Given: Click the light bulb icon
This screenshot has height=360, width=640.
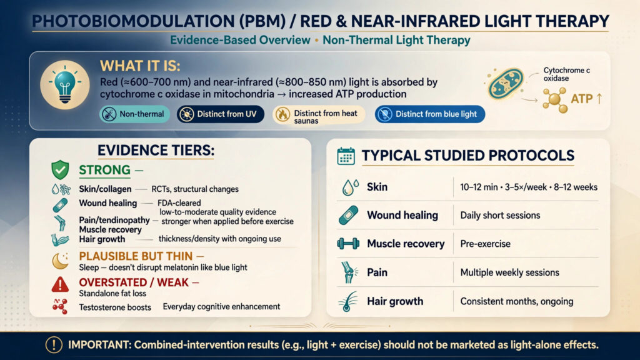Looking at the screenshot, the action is point(65,84).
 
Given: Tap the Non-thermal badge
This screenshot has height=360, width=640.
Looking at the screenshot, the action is point(134,114).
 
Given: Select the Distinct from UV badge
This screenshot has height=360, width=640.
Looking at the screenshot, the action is point(221,114).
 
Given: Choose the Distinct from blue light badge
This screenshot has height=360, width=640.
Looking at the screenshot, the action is point(430,114).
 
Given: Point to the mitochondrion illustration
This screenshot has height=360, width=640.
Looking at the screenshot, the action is point(506,84).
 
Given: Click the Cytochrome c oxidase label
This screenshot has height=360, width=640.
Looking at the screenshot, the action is point(566,74).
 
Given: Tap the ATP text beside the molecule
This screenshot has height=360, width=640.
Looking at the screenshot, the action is point(581,99).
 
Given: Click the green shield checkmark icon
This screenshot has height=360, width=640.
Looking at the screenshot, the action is point(60,170).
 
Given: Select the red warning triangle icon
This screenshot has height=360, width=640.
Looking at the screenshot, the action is point(60,284).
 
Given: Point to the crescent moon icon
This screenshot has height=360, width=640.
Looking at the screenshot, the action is point(60,261).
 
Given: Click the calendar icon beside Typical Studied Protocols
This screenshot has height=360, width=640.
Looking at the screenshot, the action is point(346,156).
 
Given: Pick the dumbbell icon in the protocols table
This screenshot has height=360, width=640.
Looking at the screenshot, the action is point(348,244).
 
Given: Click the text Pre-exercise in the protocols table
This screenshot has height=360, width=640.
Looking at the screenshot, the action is point(485,244).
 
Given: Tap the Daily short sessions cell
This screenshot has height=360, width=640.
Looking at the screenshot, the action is point(500,216).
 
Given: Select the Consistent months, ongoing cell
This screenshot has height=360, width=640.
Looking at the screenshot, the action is point(517,302).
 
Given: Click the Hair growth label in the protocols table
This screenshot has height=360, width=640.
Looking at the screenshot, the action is point(395,302).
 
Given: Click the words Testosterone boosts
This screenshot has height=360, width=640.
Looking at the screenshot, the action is point(115,307).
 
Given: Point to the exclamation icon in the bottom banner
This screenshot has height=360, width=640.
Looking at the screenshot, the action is point(54,345).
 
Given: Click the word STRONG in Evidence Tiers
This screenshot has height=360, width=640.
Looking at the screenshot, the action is point(104,170).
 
